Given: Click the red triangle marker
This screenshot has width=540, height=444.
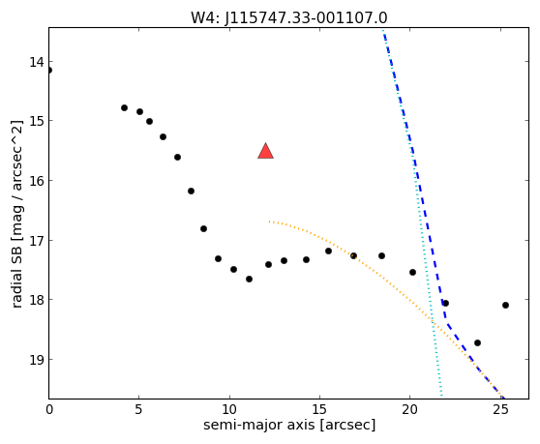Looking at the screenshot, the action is [265, 151].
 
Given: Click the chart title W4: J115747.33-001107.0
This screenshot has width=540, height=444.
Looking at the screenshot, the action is [289, 17].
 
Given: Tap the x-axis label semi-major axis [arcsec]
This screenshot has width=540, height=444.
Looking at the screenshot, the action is [289, 425].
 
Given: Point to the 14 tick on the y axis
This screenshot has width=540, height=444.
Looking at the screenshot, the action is [37, 62].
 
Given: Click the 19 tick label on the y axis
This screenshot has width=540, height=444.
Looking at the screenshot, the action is [37, 360].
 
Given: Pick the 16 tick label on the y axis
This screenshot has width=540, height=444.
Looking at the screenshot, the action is [37, 181].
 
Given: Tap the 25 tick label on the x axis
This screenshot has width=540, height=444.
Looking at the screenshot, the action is [500, 409].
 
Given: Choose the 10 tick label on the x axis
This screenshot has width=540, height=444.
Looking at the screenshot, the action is [229, 409].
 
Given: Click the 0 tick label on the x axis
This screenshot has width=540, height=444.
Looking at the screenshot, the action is [49, 409].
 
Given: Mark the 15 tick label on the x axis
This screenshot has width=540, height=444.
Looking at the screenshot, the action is [319, 409].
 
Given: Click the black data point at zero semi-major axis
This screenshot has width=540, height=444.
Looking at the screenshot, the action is [49, 71].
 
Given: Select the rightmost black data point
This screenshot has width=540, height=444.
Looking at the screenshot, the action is [505, 305].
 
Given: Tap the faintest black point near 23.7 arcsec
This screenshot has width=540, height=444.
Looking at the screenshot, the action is [477, 342].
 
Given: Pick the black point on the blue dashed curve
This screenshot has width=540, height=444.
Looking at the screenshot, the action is [445, 303].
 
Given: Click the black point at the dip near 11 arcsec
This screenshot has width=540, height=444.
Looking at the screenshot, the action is [249, 280].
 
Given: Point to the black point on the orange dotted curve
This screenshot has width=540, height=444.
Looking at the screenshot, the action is [353, 255].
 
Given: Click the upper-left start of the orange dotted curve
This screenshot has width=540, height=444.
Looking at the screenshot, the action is [269, 222].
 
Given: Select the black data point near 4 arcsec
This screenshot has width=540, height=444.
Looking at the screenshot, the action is [124, 107].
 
